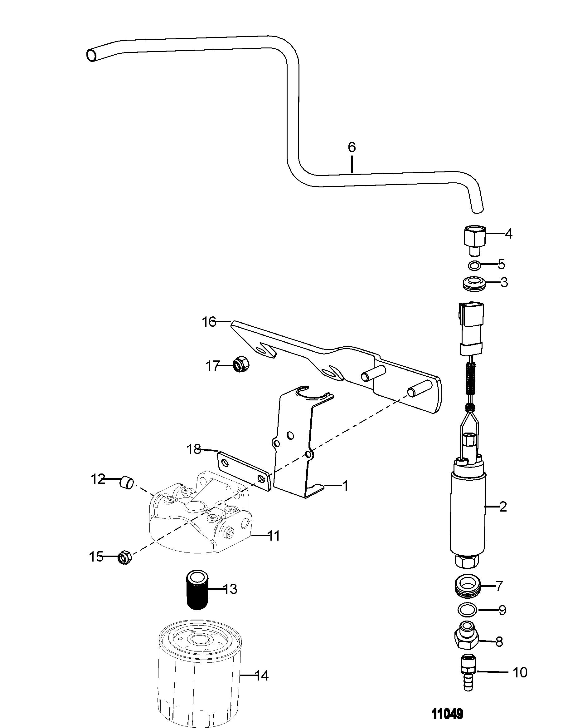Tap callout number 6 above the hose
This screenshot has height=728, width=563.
click(x=352, y=147)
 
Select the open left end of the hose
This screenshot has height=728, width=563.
click(x=92, y=55)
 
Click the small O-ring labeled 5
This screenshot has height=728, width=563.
click(x=474, y=266)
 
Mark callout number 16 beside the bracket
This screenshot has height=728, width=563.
click(x=210, y=322)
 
